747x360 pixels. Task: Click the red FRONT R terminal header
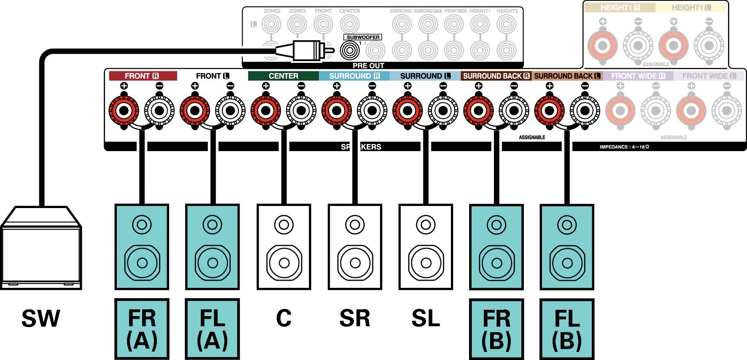(142, 76)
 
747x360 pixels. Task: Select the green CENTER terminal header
(283, 76)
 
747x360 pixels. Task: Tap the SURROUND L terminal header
(425, 76)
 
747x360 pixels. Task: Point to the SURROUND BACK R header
(496, 76)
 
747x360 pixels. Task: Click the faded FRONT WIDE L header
(709, 76)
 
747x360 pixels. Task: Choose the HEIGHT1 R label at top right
(620, 8)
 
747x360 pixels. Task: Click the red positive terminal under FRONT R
(124, 111)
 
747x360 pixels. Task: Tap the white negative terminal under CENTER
(301, 111)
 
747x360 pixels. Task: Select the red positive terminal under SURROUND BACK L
(549, 111)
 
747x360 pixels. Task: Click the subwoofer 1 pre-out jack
(350, 51)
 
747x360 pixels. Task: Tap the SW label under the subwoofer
(41, 319)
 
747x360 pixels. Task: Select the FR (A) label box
(142, 329)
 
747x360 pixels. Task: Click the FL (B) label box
(567, 329)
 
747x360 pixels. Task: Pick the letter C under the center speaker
(284, 318)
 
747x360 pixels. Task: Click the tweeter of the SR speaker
(355, 225)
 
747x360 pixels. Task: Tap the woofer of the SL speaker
(426, 263)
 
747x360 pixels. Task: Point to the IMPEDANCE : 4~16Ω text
(624, 147)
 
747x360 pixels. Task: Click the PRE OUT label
(368, 65)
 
